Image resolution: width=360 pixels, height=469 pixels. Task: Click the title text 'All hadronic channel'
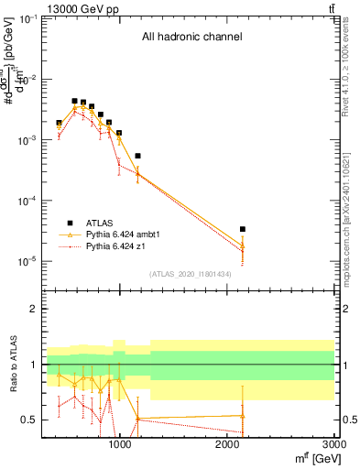(191, 38)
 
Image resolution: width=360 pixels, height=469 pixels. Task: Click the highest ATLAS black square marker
(74, 101)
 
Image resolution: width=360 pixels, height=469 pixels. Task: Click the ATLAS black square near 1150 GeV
(137, 156)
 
